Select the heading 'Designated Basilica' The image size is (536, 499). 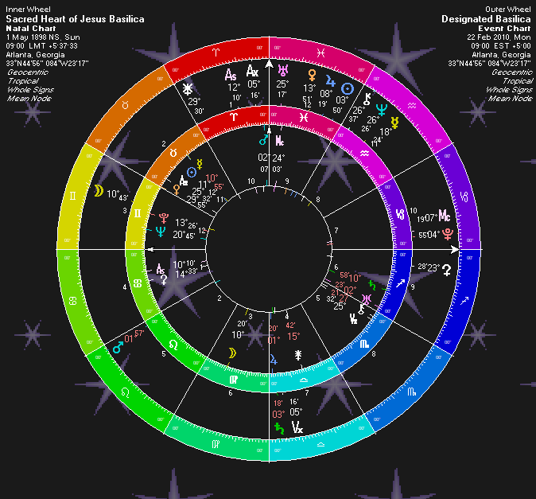486,19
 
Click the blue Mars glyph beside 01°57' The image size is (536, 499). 117,343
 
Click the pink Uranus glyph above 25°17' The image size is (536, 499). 281,72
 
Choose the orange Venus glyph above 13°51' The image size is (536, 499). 313,76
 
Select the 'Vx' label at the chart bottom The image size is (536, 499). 297,427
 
